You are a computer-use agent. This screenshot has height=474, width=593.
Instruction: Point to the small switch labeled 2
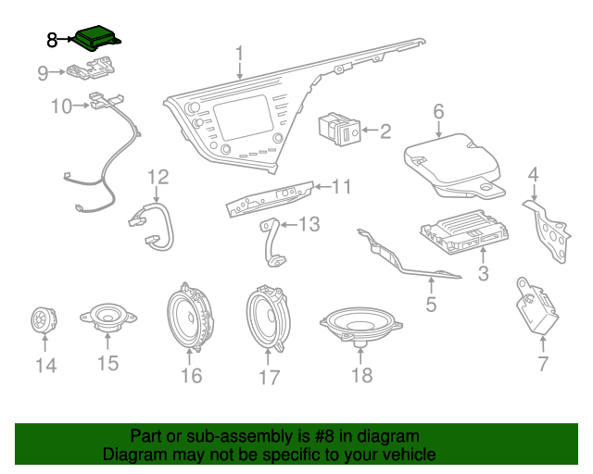click(x=341, y=131)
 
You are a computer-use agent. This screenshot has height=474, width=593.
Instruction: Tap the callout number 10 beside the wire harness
click(x=61, y=106)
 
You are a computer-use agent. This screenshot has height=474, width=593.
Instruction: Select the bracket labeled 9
click(x=94, y=69)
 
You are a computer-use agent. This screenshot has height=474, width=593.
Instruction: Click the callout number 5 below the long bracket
click(x=430, y=304)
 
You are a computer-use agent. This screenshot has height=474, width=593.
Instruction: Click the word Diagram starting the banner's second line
click(x=135, y=455)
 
